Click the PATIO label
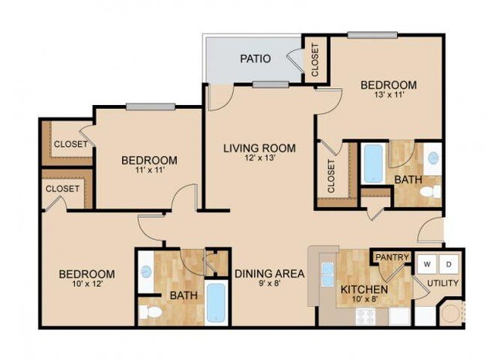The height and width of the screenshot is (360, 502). click(254, 59)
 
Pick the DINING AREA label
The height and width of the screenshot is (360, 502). click(270, 273)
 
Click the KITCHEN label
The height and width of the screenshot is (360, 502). click(364, 290)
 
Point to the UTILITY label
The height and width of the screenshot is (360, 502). click(443, 284)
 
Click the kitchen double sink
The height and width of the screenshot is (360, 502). click(327, 274)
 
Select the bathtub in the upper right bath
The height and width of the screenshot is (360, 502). click(374, 163)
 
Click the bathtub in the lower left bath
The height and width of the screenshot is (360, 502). click(216, 303)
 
